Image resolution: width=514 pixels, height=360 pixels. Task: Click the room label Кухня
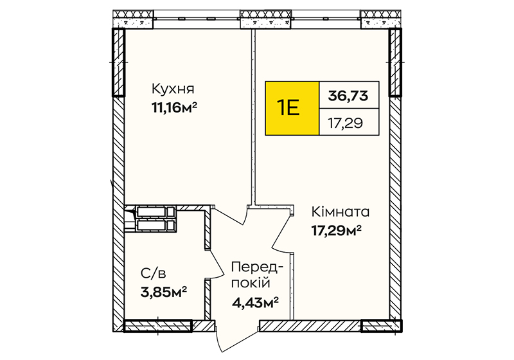[173, 89]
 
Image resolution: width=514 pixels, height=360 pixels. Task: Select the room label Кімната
[341, 212]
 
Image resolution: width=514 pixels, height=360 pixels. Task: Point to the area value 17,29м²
[336, 231]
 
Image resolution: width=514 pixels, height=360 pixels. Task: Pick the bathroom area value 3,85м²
[164, 291]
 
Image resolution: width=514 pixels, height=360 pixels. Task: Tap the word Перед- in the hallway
[256, 267]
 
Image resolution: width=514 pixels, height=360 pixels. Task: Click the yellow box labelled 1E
[292, 108]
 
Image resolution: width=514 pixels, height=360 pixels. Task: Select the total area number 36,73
[348, 96]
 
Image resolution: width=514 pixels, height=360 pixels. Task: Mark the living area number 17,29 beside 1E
[346, 123]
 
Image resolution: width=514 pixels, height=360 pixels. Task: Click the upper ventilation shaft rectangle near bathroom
[155, 212]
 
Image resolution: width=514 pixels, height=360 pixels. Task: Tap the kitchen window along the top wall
[197, 18]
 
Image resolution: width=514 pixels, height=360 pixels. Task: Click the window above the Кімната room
[326, 18]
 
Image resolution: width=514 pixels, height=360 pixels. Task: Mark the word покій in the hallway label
[251, 283]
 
